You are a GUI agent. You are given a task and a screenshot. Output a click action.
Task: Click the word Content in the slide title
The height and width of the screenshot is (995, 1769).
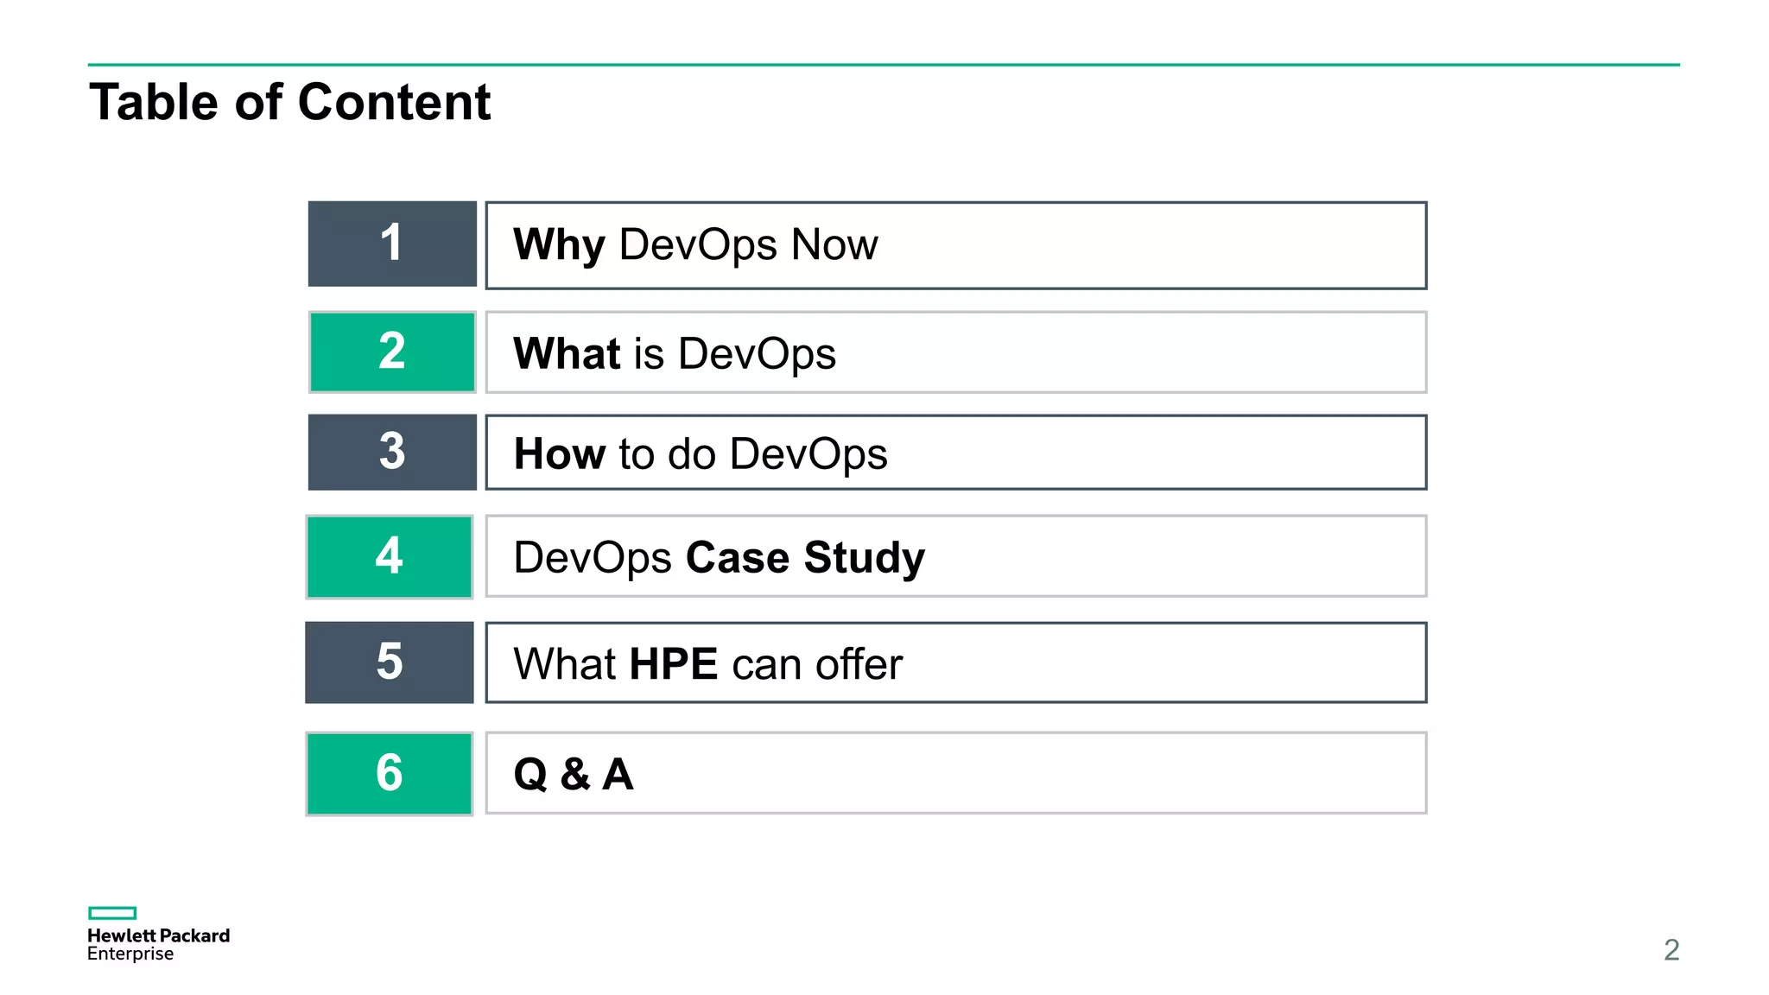tap(394, 102)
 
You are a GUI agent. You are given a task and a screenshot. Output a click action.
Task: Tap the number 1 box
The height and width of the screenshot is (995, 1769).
tap(392, 244)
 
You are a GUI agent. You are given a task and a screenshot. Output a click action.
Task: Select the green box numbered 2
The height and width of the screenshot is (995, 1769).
tap(392, 352)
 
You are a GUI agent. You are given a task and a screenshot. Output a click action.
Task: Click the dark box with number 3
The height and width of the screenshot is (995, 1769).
tap(392, 452)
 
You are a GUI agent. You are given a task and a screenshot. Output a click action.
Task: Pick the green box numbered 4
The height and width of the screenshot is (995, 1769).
tap(390, 556)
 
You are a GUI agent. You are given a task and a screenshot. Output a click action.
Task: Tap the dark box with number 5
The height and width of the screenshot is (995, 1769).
tap(390, 662)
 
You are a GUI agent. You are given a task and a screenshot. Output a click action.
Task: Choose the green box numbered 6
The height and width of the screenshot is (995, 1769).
tap(390, 773)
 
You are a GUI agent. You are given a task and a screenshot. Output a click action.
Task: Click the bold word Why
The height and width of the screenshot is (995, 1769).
tap(559, 244)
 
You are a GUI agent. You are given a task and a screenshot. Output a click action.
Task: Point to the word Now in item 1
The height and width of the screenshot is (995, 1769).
tap(834, 244)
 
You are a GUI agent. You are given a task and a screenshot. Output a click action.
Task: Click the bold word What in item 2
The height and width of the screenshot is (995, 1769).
tap(567, 353)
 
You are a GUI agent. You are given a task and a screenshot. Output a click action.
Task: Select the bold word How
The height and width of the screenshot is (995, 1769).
tap(559, 453)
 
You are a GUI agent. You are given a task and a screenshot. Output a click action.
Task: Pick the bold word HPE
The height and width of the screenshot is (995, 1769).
tap(674, 664)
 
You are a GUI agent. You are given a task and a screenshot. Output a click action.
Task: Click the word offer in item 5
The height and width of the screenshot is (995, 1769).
tap(859, 664)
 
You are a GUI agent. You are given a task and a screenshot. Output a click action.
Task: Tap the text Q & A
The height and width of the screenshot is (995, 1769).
tap(574, 774)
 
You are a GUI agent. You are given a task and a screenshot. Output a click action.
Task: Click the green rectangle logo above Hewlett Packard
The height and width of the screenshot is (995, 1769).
tap(112, 913)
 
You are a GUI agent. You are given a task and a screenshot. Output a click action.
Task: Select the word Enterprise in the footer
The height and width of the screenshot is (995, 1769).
tap(130, 954)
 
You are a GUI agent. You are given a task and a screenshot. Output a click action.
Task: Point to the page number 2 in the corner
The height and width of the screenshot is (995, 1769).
tap(1671, 950)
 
